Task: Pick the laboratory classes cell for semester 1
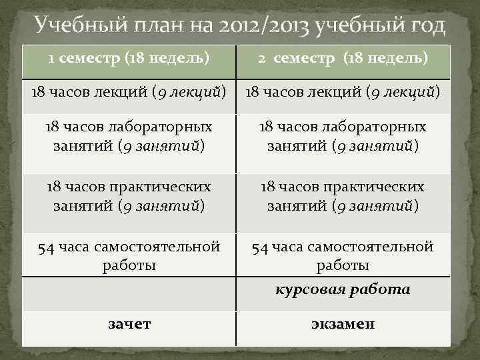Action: (129, 135)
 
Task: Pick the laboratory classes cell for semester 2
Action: (343, 135)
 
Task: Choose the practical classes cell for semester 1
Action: (129, 197)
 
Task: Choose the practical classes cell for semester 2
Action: (343, 197)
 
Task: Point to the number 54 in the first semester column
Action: (46, 248)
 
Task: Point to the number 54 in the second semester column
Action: (260, 248)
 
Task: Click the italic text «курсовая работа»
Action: (343, 290)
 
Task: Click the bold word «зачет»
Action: (129, 325)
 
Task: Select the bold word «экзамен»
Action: (343, 325)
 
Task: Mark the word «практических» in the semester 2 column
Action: (381, 187)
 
